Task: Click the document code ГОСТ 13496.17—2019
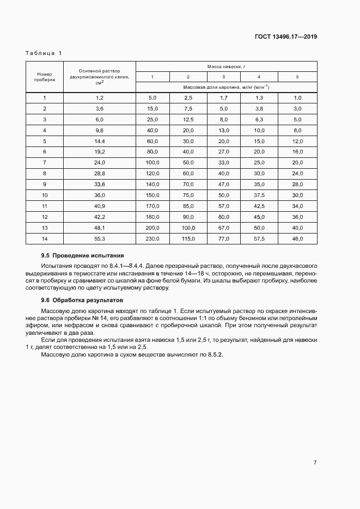click(286, 38)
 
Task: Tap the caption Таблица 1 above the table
click(44, 53)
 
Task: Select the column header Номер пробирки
click(44, 77)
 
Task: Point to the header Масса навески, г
click(226, 66)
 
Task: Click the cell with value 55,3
click(99, 239)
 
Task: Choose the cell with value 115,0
click(188, 239)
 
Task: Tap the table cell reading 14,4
click(99, 140)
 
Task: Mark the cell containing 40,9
click(99, 206)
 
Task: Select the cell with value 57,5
click(259, 239)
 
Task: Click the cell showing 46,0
click(297, 239)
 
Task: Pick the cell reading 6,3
click(259, 119)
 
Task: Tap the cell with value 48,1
click(99, 228)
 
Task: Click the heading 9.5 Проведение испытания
click(83, 255)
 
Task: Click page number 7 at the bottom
click(315, 462)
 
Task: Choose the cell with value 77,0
click(224, 239)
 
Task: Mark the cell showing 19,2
click(99, 151)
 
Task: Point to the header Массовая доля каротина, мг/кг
click(226, 87)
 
